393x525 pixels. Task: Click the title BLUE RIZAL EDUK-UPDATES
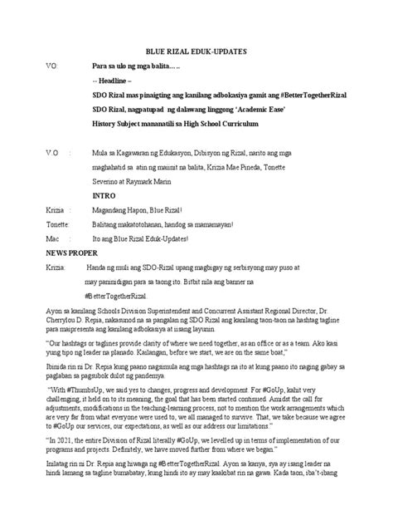(x=196, y=51)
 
